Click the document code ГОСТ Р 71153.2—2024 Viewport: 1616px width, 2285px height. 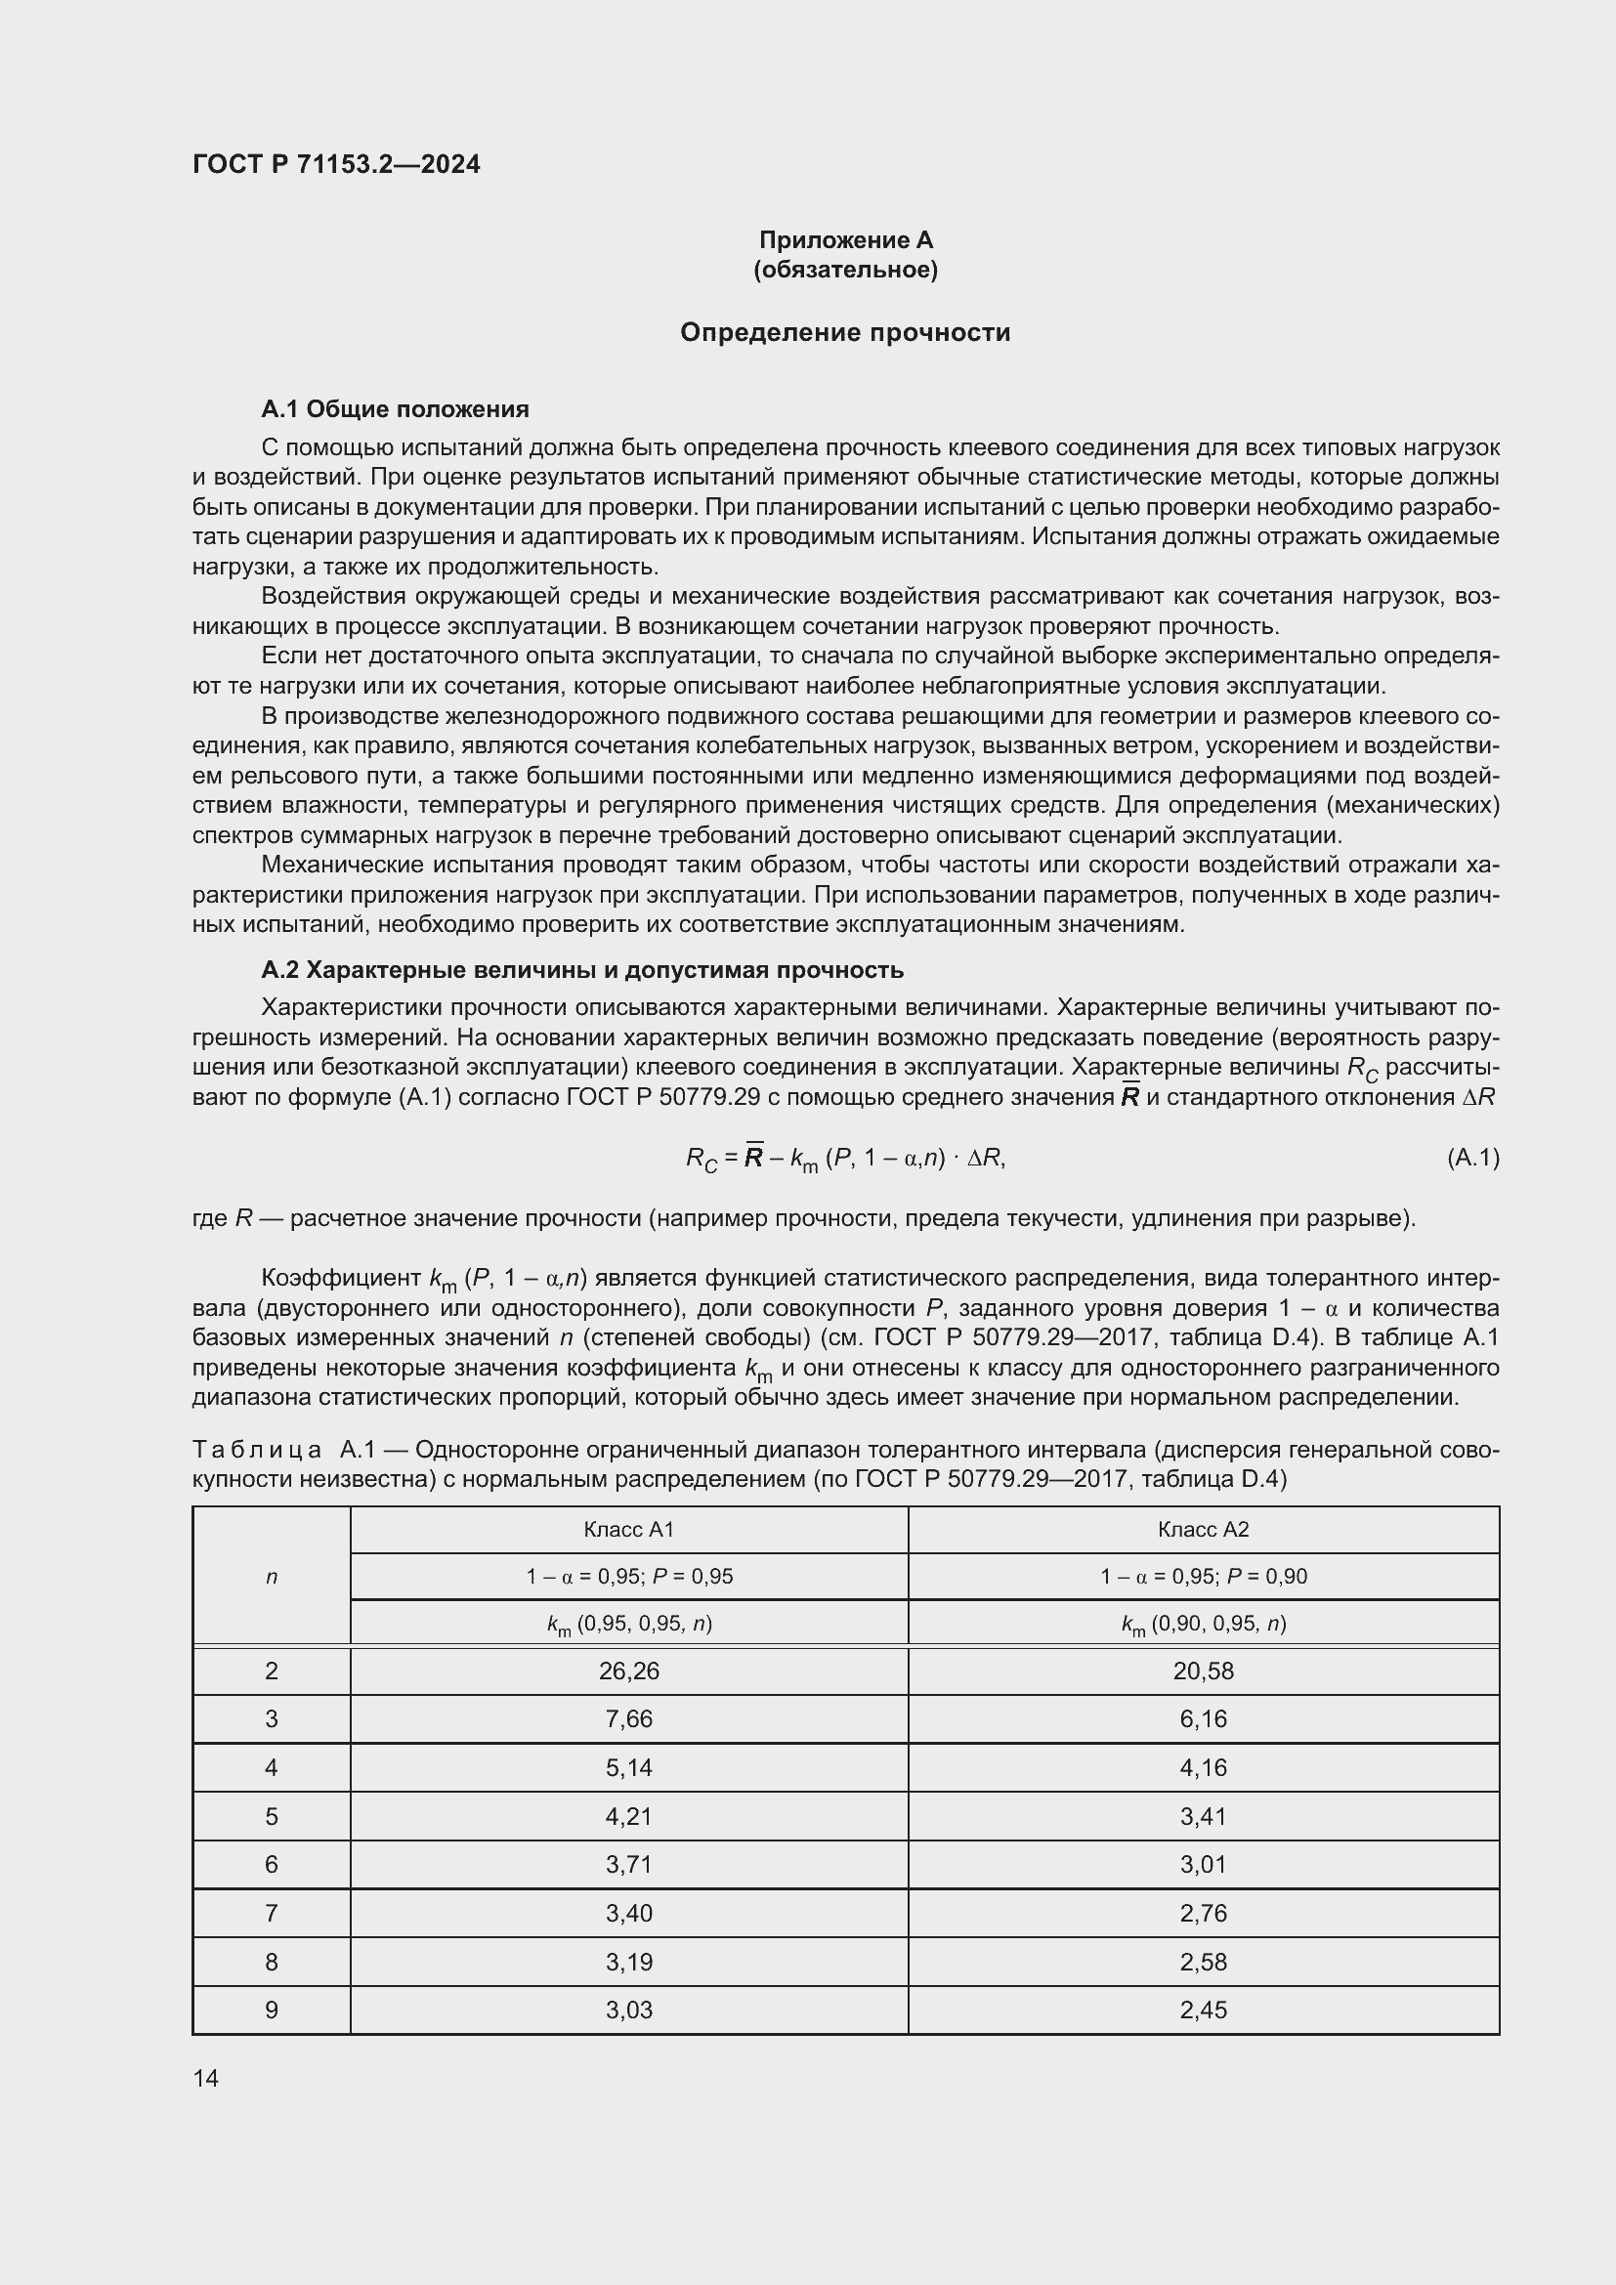tap(335, 164)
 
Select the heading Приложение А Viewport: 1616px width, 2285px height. tap(845, 240)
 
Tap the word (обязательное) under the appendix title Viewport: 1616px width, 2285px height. tap(845, 270)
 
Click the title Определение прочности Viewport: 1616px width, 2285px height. tap(845, 332)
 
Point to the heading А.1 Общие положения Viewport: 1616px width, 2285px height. tap(394, 409)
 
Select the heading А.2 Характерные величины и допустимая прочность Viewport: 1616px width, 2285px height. tap(582, 969)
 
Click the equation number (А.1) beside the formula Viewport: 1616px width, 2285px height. tap(1471, 1158)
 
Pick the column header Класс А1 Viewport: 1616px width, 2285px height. tap(629, 1530)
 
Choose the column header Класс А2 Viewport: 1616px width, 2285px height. tap(1203, 1530)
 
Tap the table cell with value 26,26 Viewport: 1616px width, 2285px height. tap(629, 1671)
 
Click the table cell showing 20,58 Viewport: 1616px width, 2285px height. tap(1203, 1671)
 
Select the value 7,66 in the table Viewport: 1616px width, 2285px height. tap(629, 1719)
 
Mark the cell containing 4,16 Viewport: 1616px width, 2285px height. tap(1203, 1767)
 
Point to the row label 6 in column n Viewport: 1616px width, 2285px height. tap(271, 1864)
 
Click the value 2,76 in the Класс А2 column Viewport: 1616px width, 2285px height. tap(1203, 1913)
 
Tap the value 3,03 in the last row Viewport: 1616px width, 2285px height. tap(629, 2010)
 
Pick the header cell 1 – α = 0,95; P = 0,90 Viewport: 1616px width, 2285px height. tap(1203, 1577)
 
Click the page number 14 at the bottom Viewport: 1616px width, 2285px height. tap(206, 2078)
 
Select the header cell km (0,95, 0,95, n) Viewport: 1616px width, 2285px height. tap(629, 1625)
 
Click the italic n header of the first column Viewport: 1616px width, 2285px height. tap(271, 1577)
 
